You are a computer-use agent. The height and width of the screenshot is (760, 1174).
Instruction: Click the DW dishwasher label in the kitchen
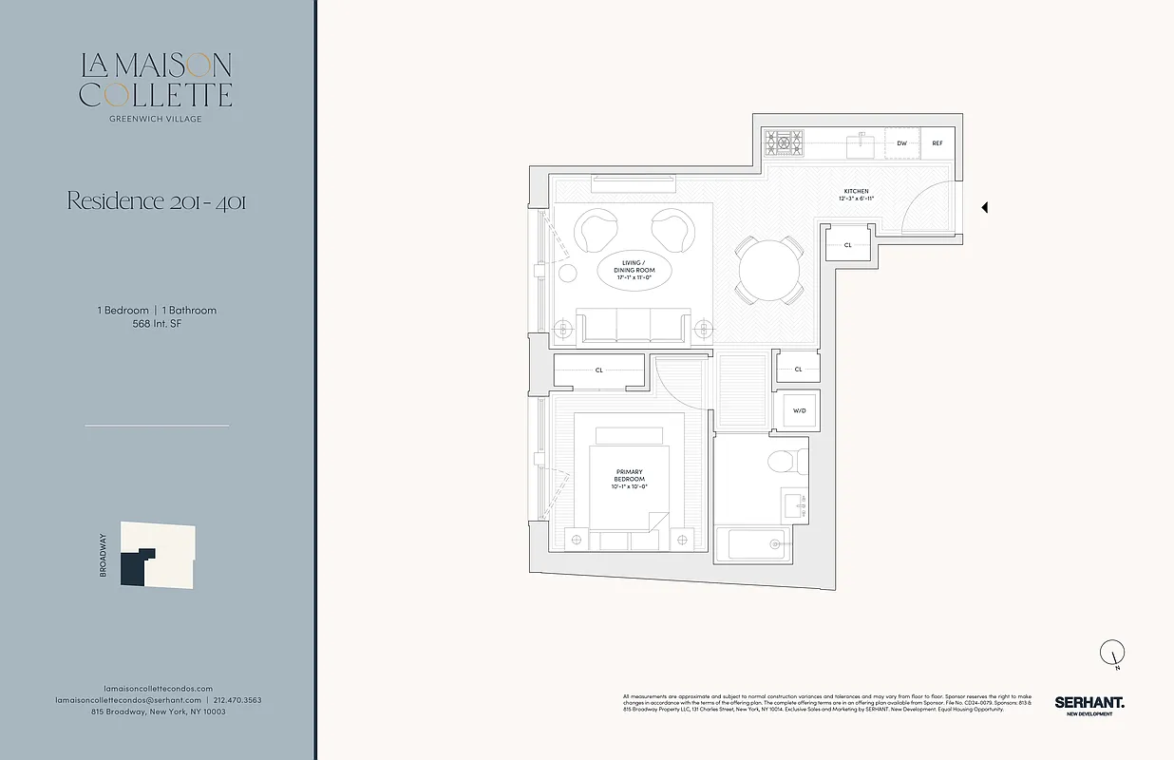(x=901, y=143)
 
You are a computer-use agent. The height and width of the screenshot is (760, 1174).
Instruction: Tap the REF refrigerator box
(x=937, y=143)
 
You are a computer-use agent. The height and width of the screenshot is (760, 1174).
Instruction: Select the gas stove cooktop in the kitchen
(x=785, y=143)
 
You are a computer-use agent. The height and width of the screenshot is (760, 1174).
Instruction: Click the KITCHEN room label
(x=856, y=191)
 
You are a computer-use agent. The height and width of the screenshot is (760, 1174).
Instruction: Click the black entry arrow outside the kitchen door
(x=985, y=207)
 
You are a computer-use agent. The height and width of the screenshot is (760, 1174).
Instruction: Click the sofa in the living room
(x=633, y=326)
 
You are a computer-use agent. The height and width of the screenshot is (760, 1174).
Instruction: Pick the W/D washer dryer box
(x=798, y=411)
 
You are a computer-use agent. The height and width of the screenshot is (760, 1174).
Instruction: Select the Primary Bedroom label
(x=629, y=478)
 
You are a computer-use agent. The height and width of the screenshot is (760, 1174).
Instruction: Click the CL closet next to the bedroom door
(x=598, y=370)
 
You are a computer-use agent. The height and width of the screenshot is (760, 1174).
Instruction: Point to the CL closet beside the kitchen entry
(x=847, y=244)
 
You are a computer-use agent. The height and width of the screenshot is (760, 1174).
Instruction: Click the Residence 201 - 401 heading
(x=156, y=201)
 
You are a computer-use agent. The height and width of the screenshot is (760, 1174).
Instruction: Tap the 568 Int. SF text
(x=157, y=323)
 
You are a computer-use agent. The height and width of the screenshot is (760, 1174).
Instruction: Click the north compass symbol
(x=1112, y=653)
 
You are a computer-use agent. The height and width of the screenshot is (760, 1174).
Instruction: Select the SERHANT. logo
(x=1089, y=702)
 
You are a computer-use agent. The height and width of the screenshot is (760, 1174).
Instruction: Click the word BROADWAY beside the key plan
(x=103, y=555)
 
